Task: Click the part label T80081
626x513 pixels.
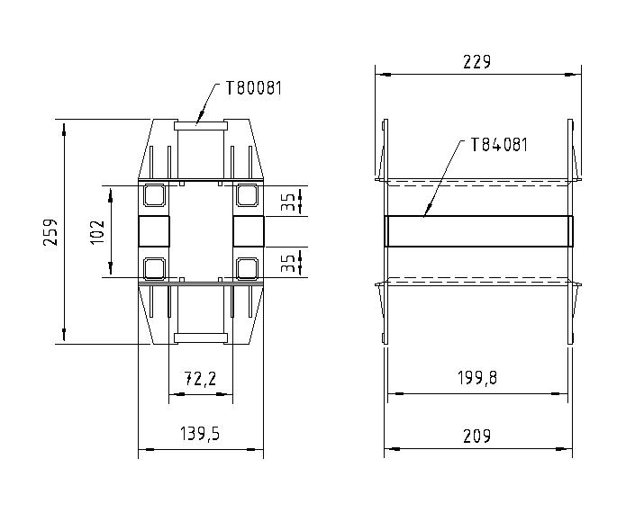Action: click(253, 88)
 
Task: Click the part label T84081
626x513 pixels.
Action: click(498, 144)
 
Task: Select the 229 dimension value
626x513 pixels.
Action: click(476, 62)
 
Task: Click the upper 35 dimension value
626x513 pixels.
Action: click(287, 201)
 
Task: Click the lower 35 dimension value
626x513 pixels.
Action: click(287, 262)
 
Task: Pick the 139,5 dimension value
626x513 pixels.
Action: click(200, 435)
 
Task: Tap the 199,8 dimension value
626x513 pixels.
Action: click(477, 378)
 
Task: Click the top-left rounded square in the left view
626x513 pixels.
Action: click(154, 194)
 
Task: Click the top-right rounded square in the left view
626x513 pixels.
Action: click(246, 194)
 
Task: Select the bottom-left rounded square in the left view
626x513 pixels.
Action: click(154, 266)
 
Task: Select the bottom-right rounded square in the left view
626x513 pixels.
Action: click(246, 266)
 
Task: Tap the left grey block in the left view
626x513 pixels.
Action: click(154, 230)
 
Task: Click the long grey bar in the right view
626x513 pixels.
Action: click(478, 230)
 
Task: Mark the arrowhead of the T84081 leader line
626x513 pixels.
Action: click(425, 216)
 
